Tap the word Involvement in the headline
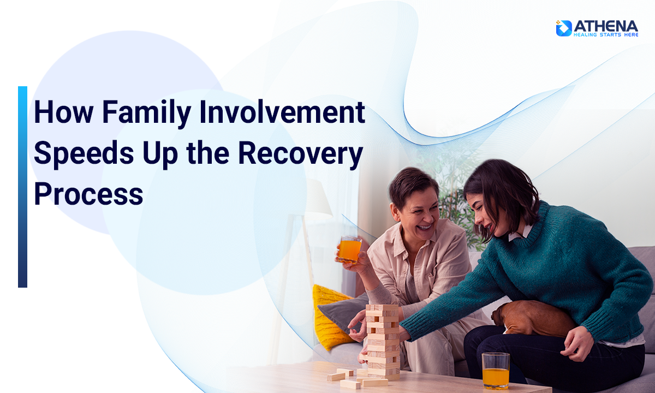(x=282, y=112)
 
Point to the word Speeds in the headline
(x=84, y=153)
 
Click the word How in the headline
(x=64, y=112)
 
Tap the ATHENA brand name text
(x=605, y=26)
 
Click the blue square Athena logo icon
(x=564, y=28)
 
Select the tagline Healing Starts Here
(x=605, y=35)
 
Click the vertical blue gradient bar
(x=22, y=187)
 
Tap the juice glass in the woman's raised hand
(x=349, y=249)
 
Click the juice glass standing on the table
(x=496, y=371)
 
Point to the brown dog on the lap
(x=532, y=318)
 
